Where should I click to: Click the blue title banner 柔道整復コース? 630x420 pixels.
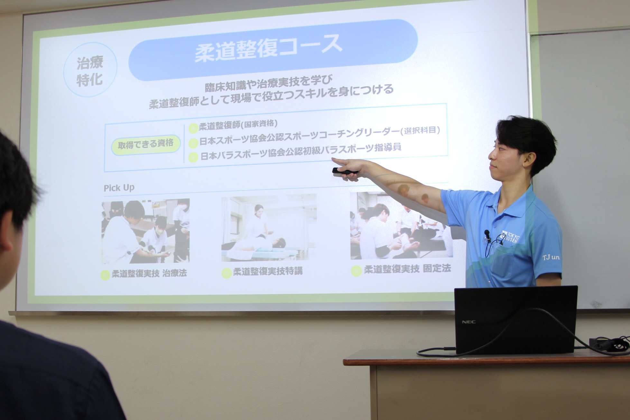pyautogui.click(x=273, y=50)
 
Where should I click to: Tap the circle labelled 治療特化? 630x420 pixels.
pyautogui.click(x=90, y=71)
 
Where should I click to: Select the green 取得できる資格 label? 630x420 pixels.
pyautogui.click(x=146, y=144)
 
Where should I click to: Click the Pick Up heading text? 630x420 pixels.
pyautogui.click(x=119, y=188)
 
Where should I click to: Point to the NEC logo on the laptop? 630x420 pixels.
pyautogui.click(x=469, y=322)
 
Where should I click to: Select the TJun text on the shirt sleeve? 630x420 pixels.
pyautogui.click(x=551, y=257)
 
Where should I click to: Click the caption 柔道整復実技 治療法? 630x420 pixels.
pyautogui.click(x=149, y=274)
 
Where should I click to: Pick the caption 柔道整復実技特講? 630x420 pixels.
pyautogui.click(x=268, y=271)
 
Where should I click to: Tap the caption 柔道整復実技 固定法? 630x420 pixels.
pyautogui.click(x=407, y=269)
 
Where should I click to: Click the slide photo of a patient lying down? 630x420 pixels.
pyautogui.click(x=269, y=228)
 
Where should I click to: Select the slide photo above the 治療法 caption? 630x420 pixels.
pyautogui.click(x=146, y=231)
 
